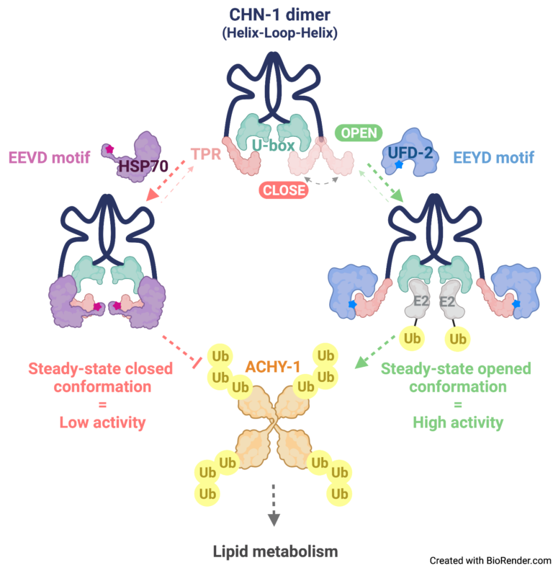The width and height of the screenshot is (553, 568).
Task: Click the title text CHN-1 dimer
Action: pos(276,14)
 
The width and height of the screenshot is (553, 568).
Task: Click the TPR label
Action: pos(206,154)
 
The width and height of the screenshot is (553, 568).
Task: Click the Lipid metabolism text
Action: pos(275,552)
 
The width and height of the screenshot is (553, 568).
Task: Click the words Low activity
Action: pos(100,422)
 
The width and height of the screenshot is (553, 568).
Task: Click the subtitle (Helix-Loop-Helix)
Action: pos(276,34)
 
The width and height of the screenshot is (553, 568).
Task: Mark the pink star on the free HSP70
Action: pos(109,149)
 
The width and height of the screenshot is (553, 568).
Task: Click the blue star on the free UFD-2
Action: pos(399,165)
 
